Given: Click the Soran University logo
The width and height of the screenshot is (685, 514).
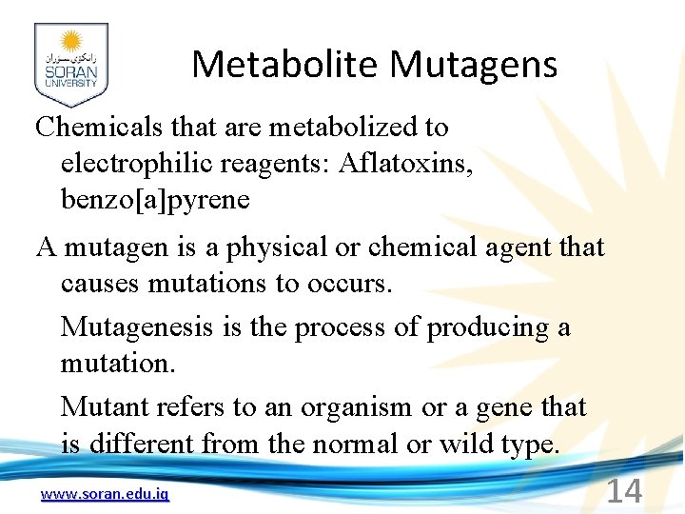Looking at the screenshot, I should [70, 65].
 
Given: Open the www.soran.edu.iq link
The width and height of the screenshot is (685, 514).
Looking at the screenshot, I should [106, 494].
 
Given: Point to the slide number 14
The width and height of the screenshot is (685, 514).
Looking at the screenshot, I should [624, 491].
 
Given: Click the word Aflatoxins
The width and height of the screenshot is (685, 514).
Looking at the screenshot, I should [402, 164].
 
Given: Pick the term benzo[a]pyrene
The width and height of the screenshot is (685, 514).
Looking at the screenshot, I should [155, 200].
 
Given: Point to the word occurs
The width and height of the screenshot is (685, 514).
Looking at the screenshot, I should [348, 284].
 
